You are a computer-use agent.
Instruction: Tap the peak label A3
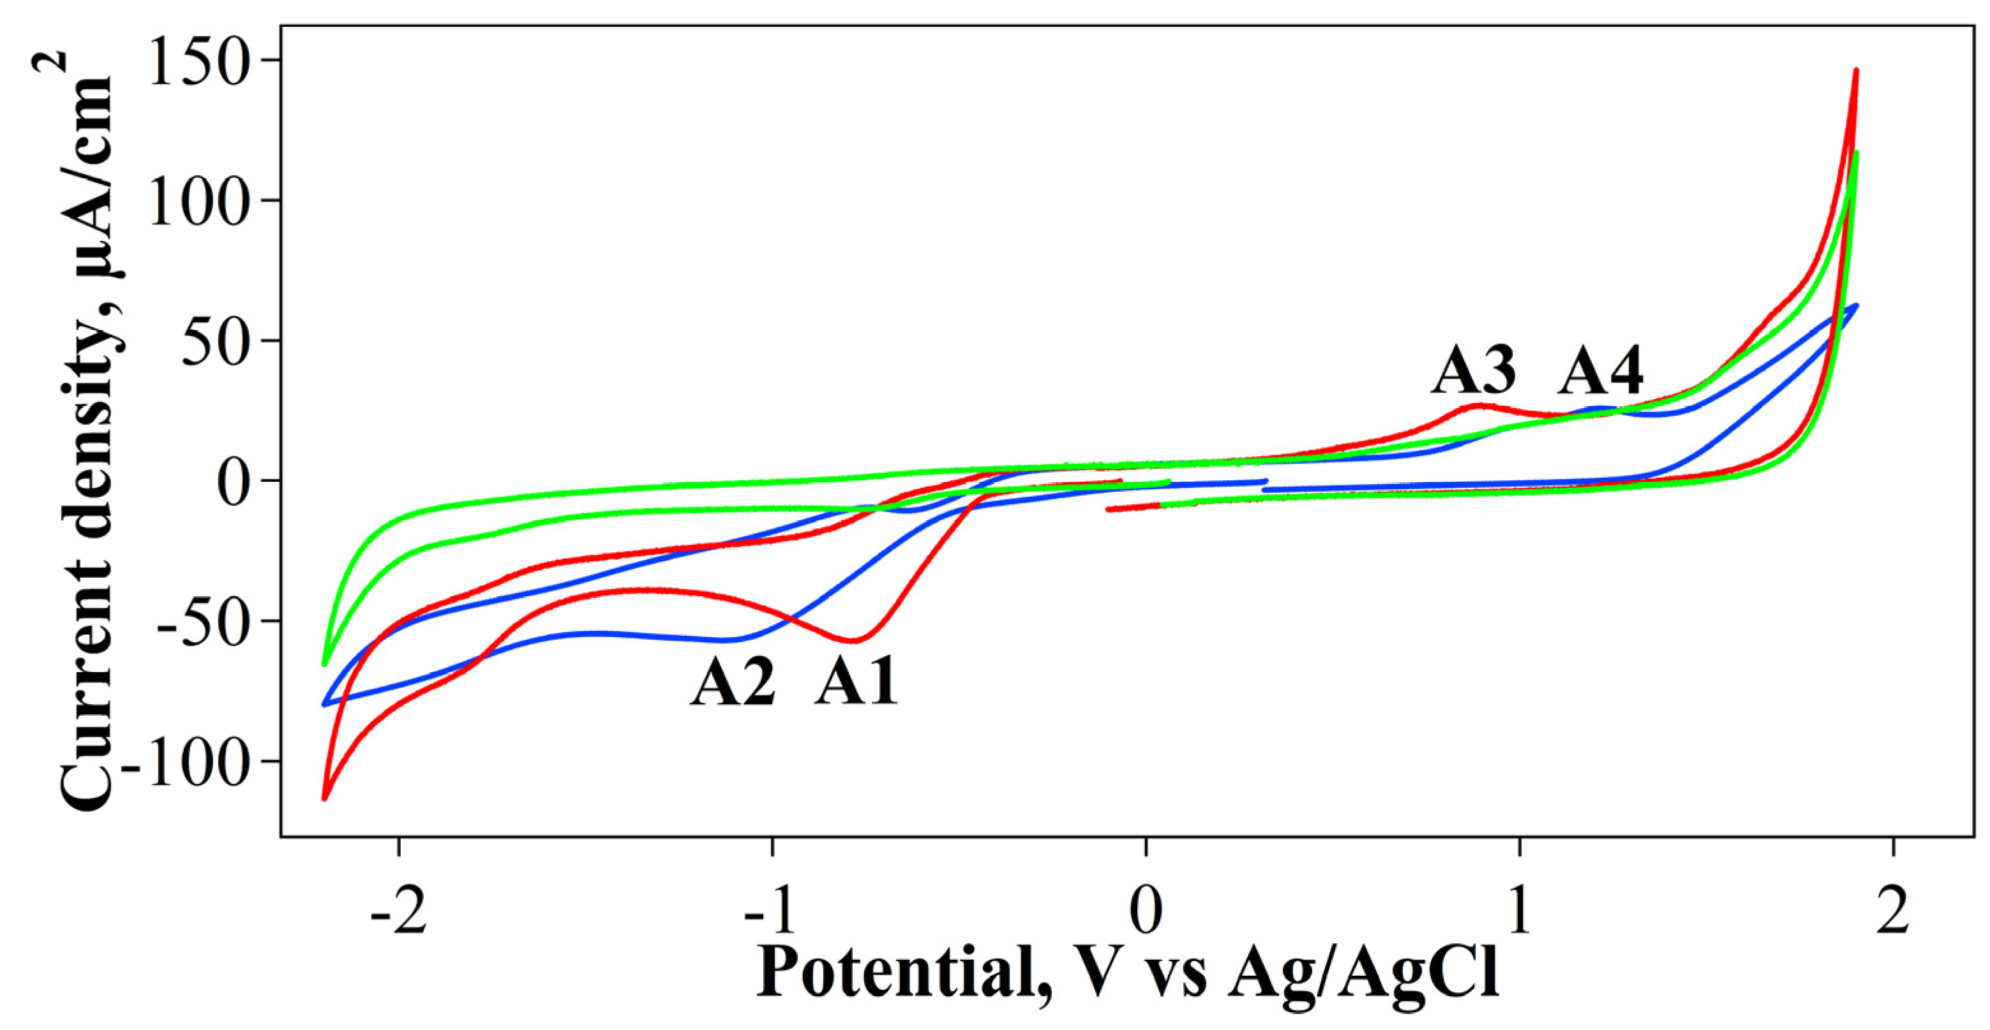1474,371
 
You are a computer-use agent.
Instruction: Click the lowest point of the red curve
324,798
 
